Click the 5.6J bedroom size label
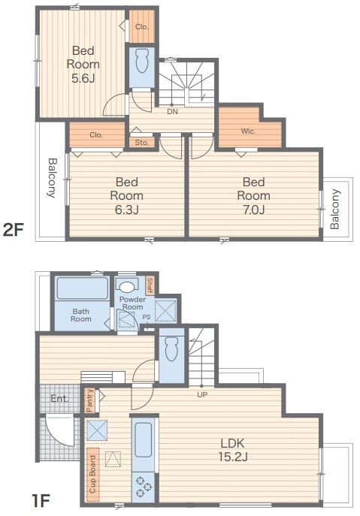[83, 78]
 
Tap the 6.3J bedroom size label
[127, 210]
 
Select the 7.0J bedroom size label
[253, 210]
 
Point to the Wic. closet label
[248, 131]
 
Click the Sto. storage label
[141, 143]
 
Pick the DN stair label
[172, 112]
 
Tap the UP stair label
[202, 394]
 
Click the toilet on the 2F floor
[142, 61]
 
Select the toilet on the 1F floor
[171, 349]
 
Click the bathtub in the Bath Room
[82, 288]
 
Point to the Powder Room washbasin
[126, 287]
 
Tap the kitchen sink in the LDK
[144, 440]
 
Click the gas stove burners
[144, 487]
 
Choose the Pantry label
[89, 400]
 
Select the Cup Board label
[92, 474]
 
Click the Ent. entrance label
[59, 399]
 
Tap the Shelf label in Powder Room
[150, 285]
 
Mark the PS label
[147, 317]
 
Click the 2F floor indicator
[14, 230]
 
